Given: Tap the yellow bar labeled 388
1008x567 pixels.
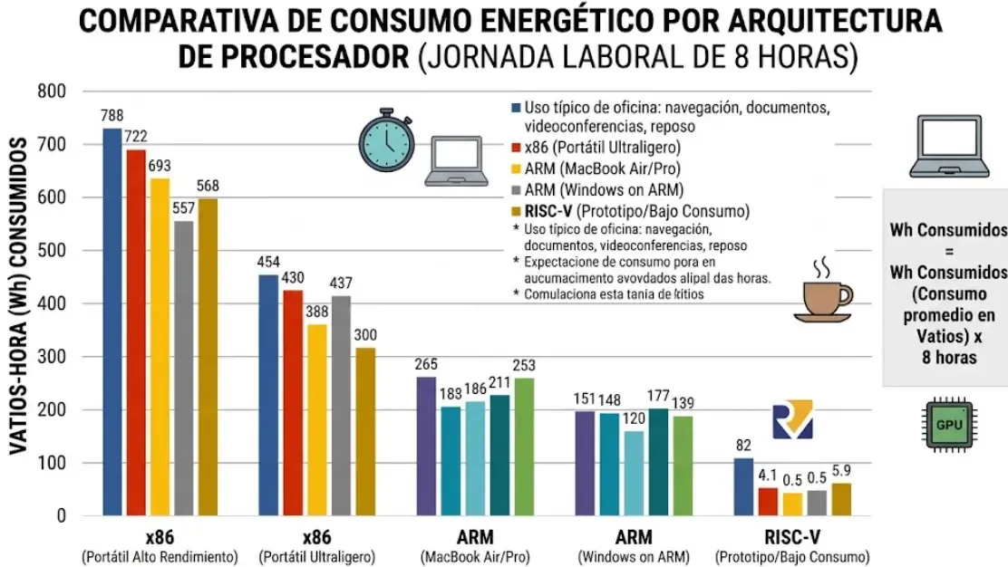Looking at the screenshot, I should (x=316, y=420).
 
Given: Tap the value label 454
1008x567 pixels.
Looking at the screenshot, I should (x=268, y=263).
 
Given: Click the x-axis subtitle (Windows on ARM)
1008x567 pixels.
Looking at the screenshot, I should (x=633, y=556).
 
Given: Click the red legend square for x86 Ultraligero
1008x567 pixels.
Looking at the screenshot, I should (x=516, y=148).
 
